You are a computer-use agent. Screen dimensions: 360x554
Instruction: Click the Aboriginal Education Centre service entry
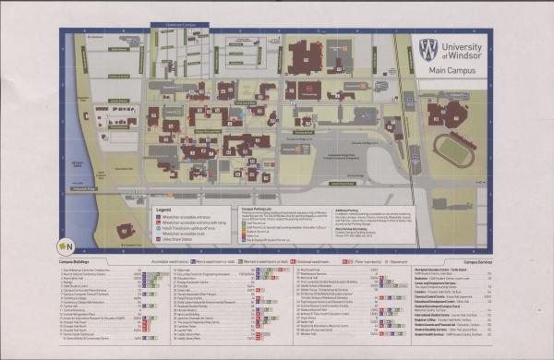click(x=474, y=270)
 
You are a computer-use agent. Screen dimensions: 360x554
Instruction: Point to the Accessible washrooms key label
click(x=177, y=261)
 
